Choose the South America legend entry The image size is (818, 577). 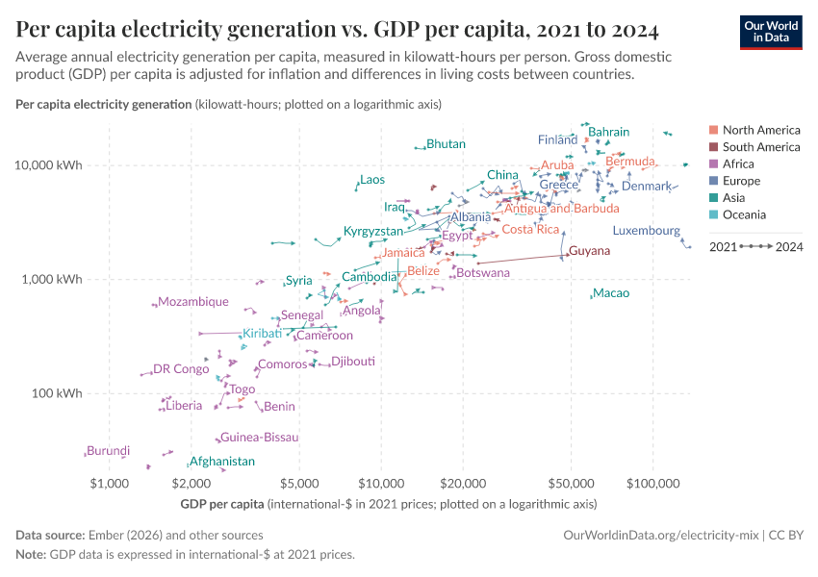(x=760, y=147)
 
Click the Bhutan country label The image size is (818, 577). (x=446, y=144)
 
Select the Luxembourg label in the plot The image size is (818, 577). (x=646, y=231)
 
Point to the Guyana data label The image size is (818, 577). (x=589, y=251)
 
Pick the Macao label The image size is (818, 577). (x=611, y=292)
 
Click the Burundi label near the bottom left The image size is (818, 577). (x=108, y=450)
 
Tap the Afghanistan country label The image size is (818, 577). (x=222, y=462)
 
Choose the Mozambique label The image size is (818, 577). (x=193, y=302)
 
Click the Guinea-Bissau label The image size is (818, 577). (x=259, y=438)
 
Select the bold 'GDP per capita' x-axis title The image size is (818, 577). (x=222, y=504)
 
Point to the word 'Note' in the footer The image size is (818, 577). (x=31, y=554)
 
